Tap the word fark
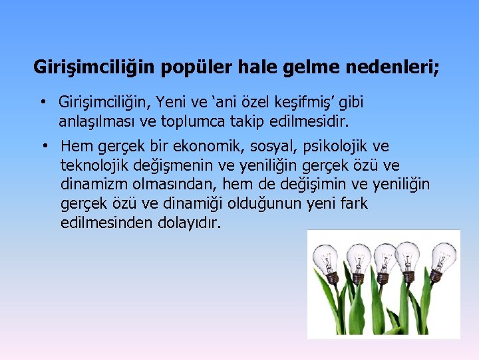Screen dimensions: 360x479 353,203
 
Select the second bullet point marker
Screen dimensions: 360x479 41,146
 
